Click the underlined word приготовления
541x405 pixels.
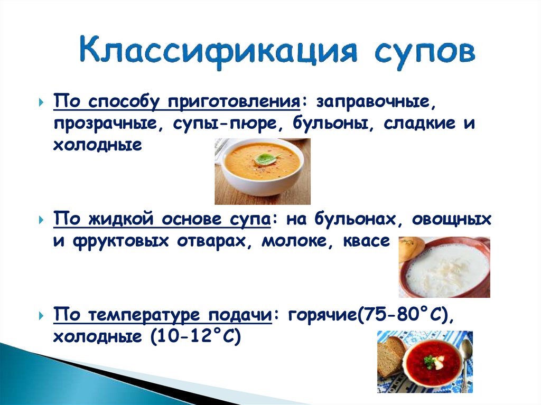click(x=234, y=101)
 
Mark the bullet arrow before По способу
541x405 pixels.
click(x=41, y=102)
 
